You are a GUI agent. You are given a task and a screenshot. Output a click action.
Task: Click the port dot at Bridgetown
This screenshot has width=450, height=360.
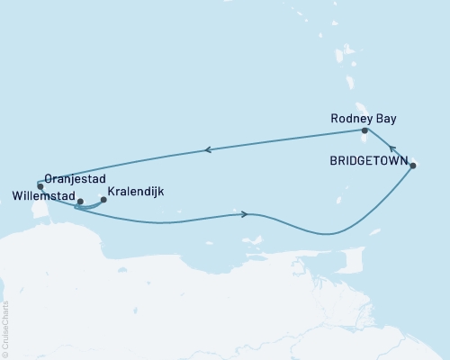(413, 166)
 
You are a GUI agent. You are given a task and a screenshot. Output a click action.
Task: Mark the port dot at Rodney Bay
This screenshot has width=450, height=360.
(364, 130)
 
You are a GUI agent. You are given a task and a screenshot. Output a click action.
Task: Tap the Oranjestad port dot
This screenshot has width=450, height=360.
(40, 186)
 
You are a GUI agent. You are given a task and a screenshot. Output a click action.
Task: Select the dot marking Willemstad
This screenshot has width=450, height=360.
(80, 202)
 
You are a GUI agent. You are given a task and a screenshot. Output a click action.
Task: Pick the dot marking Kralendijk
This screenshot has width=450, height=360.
(103, 200)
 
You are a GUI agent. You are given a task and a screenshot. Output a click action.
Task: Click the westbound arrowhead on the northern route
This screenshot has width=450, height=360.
(208, 150)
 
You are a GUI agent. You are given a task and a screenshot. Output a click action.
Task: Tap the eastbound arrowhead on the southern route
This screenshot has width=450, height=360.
(245, 214)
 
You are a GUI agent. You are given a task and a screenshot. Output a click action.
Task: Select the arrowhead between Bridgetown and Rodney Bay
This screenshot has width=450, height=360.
(391, 148)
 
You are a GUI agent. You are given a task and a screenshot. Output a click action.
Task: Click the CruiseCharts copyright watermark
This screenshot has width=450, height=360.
(4, 329)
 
